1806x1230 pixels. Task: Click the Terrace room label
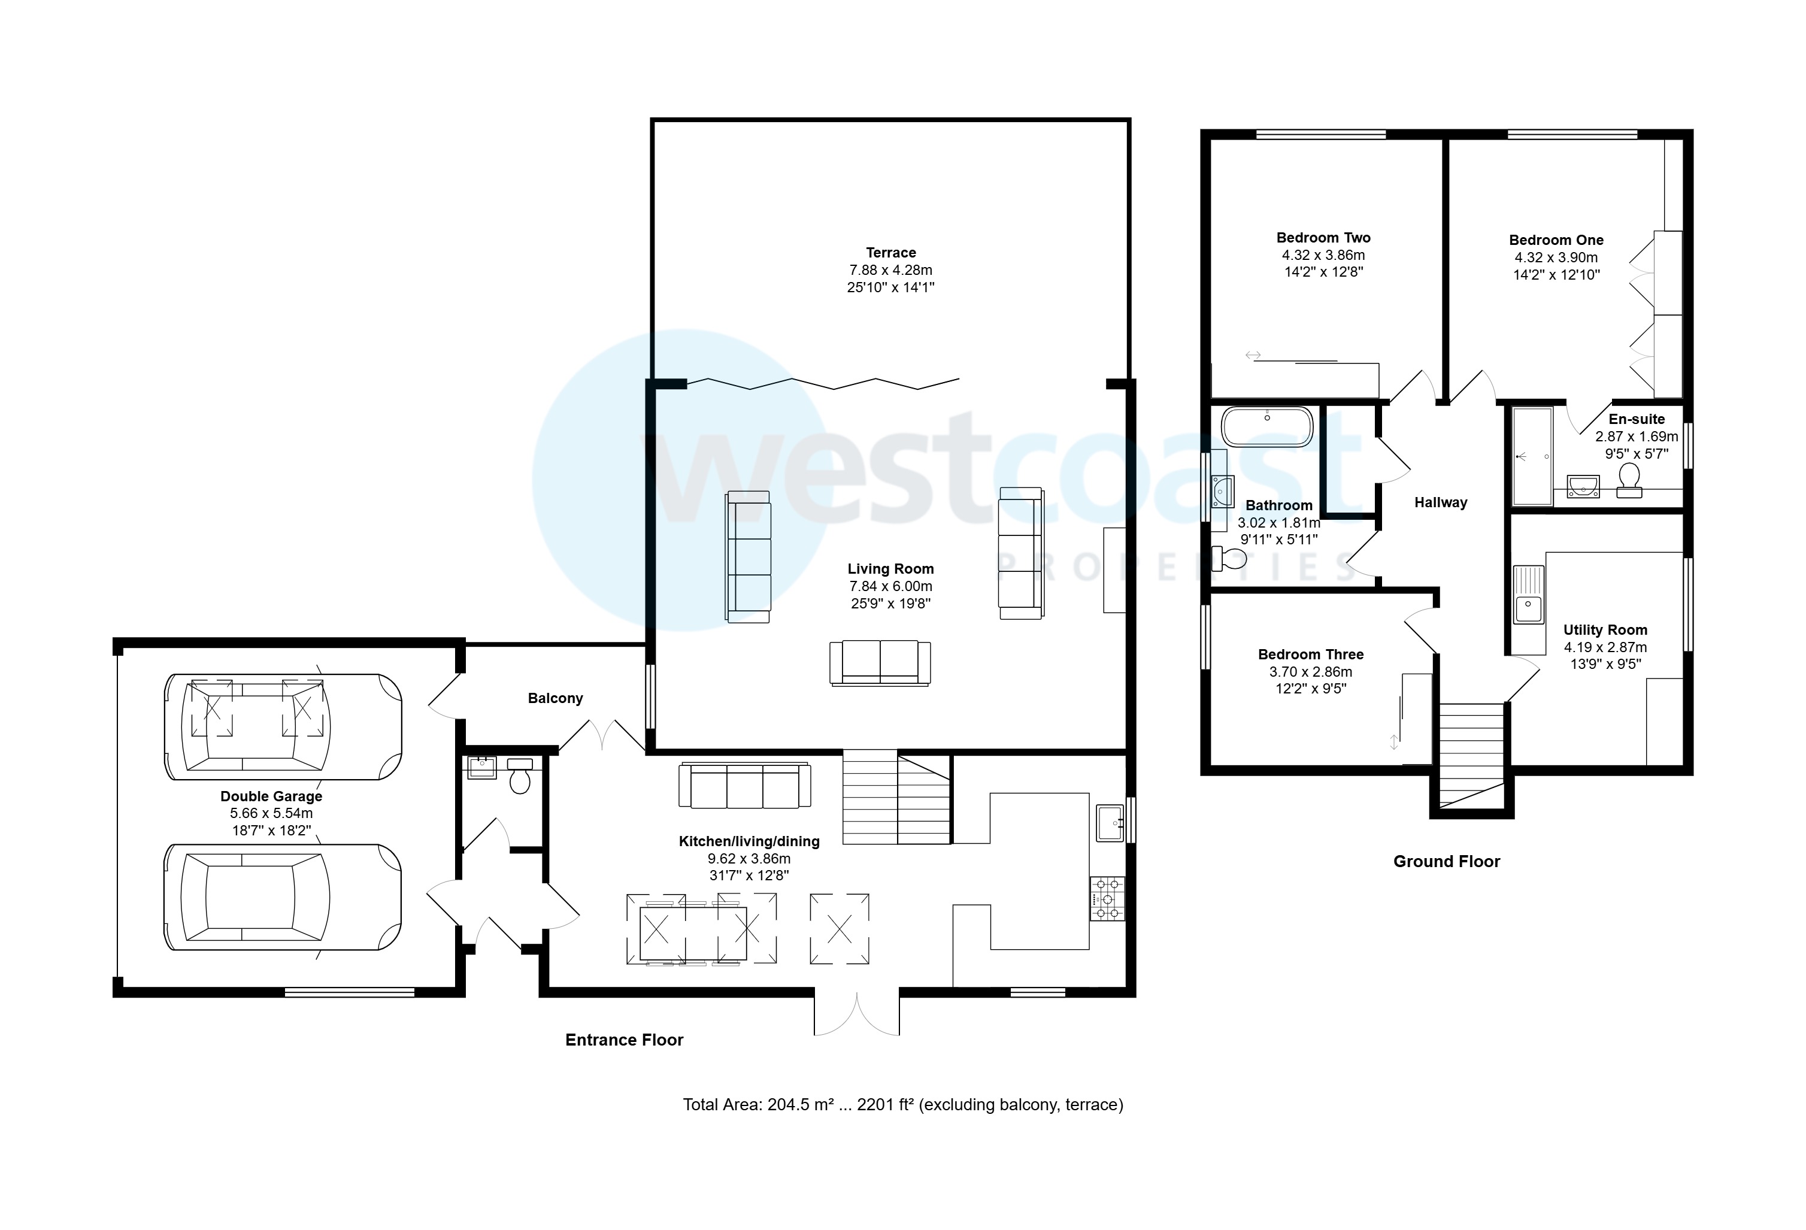click(890, 253)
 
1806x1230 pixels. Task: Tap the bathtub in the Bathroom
click(1266, 426)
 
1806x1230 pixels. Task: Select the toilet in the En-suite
click(1629, 480)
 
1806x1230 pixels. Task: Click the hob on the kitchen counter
click(1107, 899)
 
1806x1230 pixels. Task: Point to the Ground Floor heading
click(1446, 861)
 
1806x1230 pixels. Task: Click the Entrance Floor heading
click(624, 1040)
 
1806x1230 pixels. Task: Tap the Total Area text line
click(902, 1104)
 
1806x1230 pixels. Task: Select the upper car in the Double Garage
click(283, 726)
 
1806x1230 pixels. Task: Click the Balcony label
click(555, 698)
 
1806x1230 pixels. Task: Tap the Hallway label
click(1440, 503)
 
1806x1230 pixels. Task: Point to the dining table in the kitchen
click(692, 932)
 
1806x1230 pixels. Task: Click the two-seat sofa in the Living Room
click(880, 662)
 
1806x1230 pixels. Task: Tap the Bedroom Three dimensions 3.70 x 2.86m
click(1310, 672)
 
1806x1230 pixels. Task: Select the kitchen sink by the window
click(1110, 823)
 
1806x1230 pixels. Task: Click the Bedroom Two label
click(1323, 238)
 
